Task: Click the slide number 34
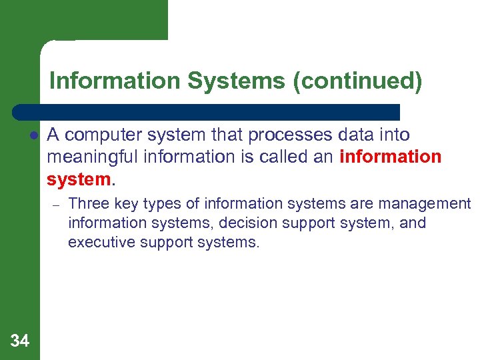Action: [20, 341]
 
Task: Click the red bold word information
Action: [391, 157]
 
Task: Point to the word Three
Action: [89, 203]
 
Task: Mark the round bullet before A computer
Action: [32, 135]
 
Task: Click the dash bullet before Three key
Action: [57, 205]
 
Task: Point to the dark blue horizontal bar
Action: [207, 111]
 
